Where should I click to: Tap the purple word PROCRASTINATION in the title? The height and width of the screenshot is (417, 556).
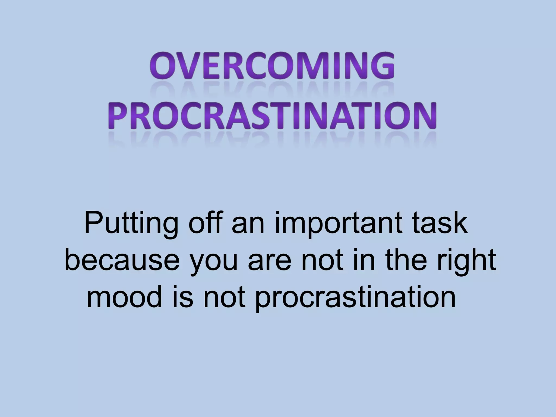coord(274,115)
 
